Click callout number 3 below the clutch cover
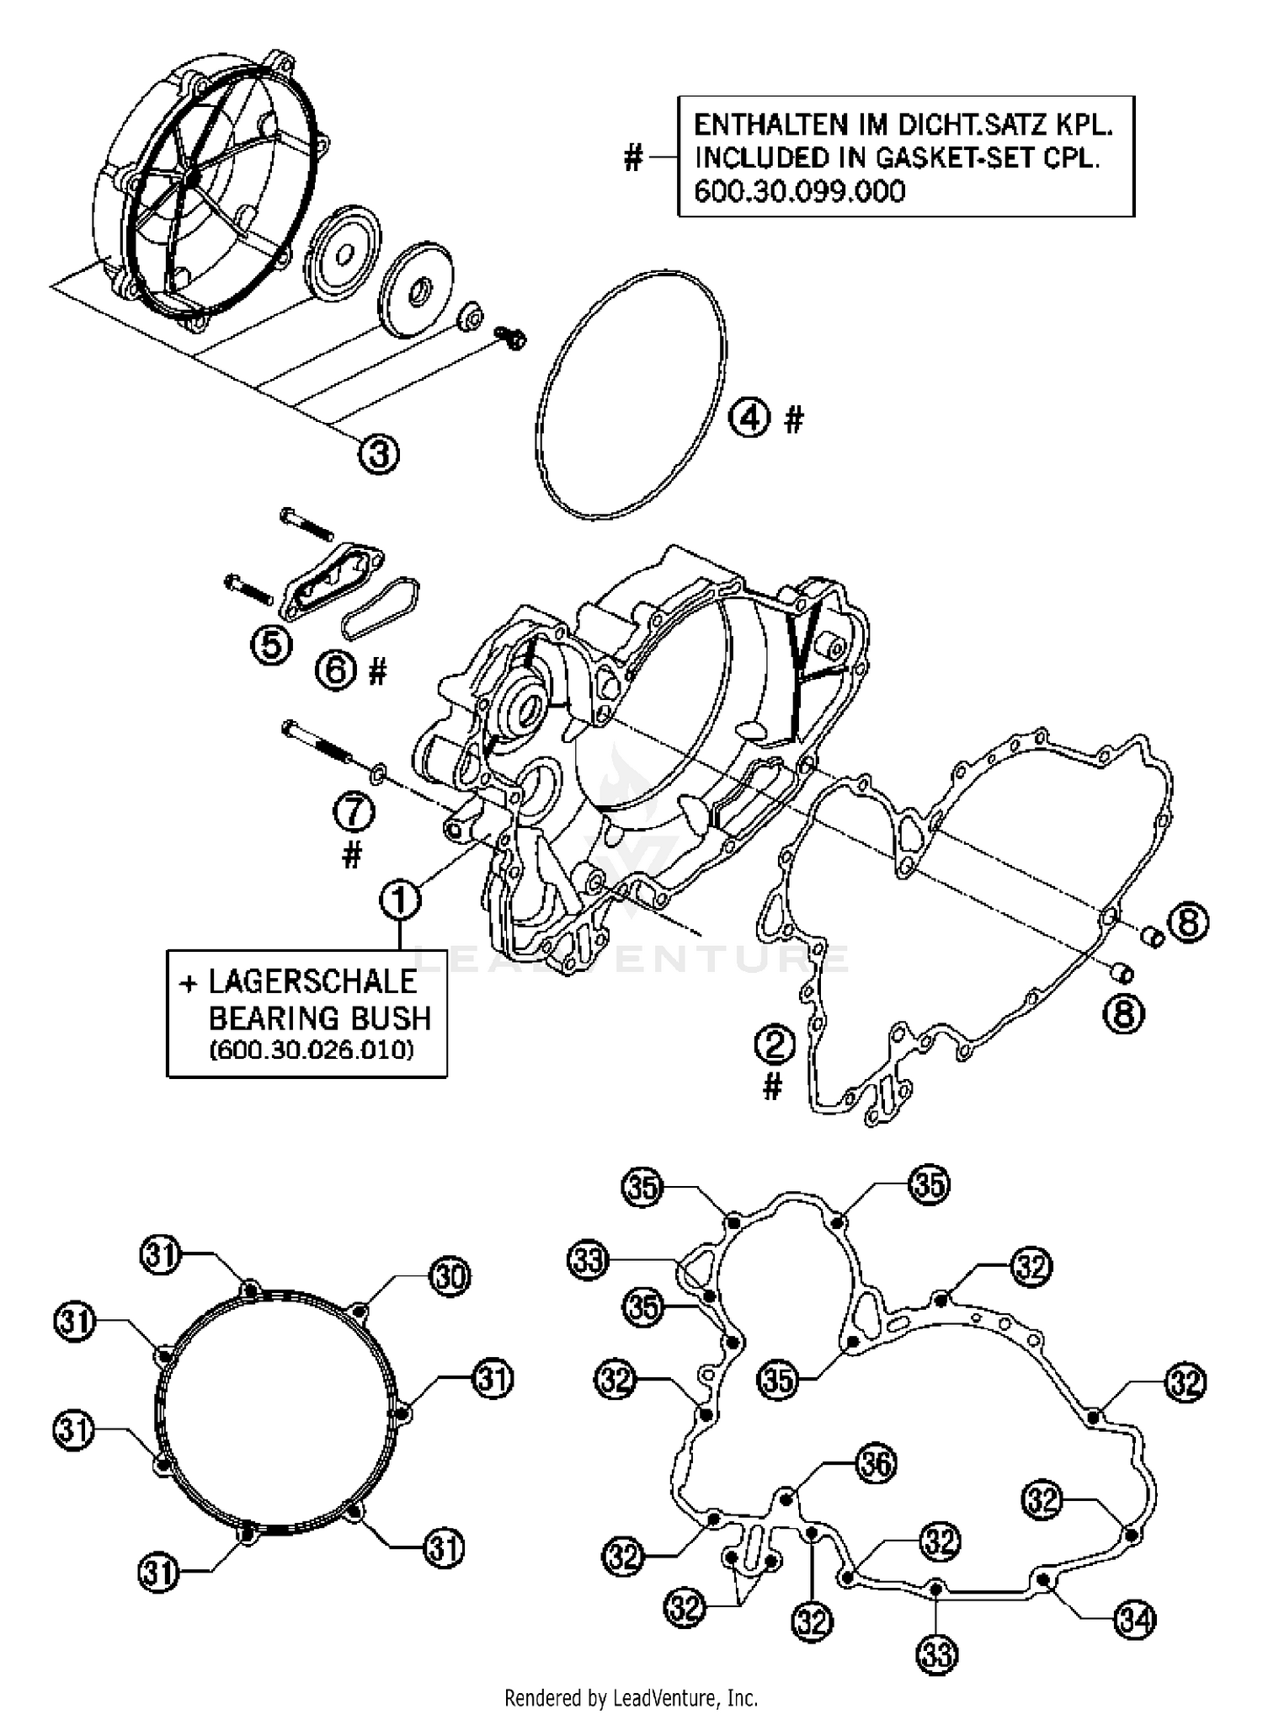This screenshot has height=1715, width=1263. [x=379, y=454]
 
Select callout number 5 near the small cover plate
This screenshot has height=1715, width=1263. [x=271, y=645]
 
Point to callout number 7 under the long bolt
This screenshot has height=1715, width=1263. [x=354, y=813]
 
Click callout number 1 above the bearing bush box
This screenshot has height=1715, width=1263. [x=400, y=900]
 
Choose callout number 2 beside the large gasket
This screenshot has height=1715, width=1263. [x=775, y=1045]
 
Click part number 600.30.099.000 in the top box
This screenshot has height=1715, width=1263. [x=800, y=192]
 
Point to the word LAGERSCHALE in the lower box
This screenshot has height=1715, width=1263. [x=312, y=981]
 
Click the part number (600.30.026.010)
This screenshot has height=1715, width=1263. [x=312, y=1050]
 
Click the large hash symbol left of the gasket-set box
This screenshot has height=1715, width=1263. [x=633, y=157]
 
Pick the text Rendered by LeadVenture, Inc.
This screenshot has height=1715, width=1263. [x=631, y=1697]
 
